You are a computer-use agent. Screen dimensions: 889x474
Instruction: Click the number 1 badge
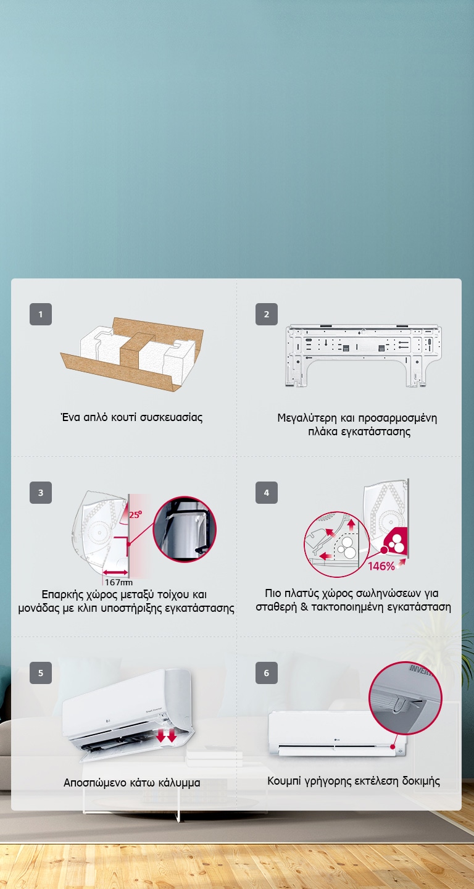(x=41, y=314)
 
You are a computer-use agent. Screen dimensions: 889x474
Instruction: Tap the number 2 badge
(x=267, y=314)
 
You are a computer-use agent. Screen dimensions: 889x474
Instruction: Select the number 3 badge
(x=41, y=493)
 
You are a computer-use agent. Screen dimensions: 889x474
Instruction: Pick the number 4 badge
(x=267, y=493)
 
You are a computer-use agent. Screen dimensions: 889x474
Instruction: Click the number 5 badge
(x=41, y=672)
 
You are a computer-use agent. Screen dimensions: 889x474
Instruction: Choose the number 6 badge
(x=267, y=672)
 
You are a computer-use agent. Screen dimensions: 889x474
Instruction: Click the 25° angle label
(x=135, y=512)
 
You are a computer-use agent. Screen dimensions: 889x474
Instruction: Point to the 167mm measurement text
(x=118, y=582)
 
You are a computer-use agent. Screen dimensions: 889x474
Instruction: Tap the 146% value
(x=381, y=566)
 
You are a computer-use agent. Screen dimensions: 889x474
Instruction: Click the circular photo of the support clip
(x=185, y=529)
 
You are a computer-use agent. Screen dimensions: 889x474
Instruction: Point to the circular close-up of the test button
(x=405, y=698)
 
